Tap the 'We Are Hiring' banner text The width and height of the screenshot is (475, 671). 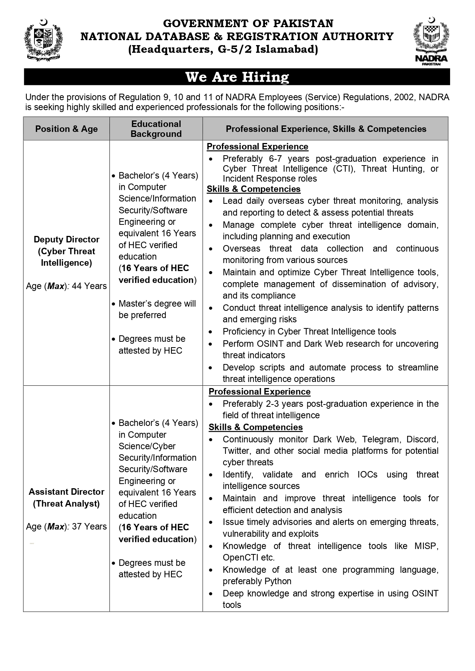coord(237,77)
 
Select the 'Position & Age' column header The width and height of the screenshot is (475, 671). coord(67,129)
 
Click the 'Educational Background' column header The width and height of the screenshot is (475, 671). coord(156,129)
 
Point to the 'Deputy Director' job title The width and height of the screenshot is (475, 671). coord(67,239)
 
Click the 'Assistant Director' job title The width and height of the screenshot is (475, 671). coord(67,492)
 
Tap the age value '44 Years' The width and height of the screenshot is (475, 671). coord(89,286)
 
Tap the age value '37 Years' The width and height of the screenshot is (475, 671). coord(89,526)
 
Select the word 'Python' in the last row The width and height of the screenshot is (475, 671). coord(280,581)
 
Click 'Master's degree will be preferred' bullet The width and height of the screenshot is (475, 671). coord(157,309)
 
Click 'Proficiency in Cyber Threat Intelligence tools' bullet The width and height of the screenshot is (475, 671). coord(309,331)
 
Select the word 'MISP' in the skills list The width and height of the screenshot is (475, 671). coord(426,546)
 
